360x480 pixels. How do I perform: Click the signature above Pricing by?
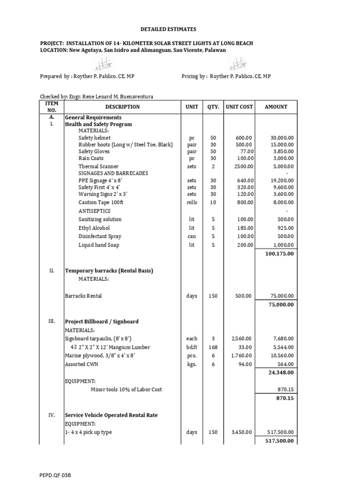click(238, 63)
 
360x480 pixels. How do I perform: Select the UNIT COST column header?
click(239, 107)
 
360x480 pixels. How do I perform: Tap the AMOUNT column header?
click(276, 107)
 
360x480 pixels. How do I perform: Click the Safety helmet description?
click(95, 138)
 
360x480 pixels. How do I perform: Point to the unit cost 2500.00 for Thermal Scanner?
click(244, 166)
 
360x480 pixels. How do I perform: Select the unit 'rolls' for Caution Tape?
click(191, 202)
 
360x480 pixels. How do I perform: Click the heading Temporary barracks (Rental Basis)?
click(109, 271)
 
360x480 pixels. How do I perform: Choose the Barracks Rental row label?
click(83, 296)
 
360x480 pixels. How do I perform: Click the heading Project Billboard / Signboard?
click(102, 322)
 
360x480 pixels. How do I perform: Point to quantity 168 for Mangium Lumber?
click(213, 347)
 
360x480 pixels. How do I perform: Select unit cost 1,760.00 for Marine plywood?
click(242, 356)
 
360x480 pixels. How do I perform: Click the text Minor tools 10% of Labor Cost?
click(127, 390)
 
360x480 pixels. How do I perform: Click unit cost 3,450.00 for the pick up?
click(242, 432)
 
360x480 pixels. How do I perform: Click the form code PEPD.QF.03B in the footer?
click(55, 475)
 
